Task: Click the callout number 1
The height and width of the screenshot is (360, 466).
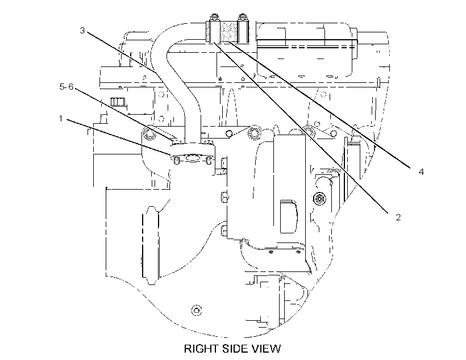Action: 61,119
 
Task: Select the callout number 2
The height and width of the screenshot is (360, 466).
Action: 398,217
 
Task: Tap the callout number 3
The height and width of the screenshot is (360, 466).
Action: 82,30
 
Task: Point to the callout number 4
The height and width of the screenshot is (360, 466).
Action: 421,171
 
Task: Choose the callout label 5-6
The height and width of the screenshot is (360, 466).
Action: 66,87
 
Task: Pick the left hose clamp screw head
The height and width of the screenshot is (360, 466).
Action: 214,18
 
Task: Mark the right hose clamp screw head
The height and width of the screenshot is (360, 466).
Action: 243,18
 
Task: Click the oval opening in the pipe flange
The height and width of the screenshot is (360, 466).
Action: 193,158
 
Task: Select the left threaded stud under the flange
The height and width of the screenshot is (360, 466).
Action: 177,161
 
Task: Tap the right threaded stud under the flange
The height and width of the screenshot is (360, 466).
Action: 209,161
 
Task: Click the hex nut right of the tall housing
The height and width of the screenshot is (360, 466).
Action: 319,198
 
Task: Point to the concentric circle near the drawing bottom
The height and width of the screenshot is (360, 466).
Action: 196,311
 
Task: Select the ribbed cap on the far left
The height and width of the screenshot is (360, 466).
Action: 117,102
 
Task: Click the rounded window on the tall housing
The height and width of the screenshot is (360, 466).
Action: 288,216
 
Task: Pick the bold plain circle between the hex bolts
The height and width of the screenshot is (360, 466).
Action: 229,133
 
